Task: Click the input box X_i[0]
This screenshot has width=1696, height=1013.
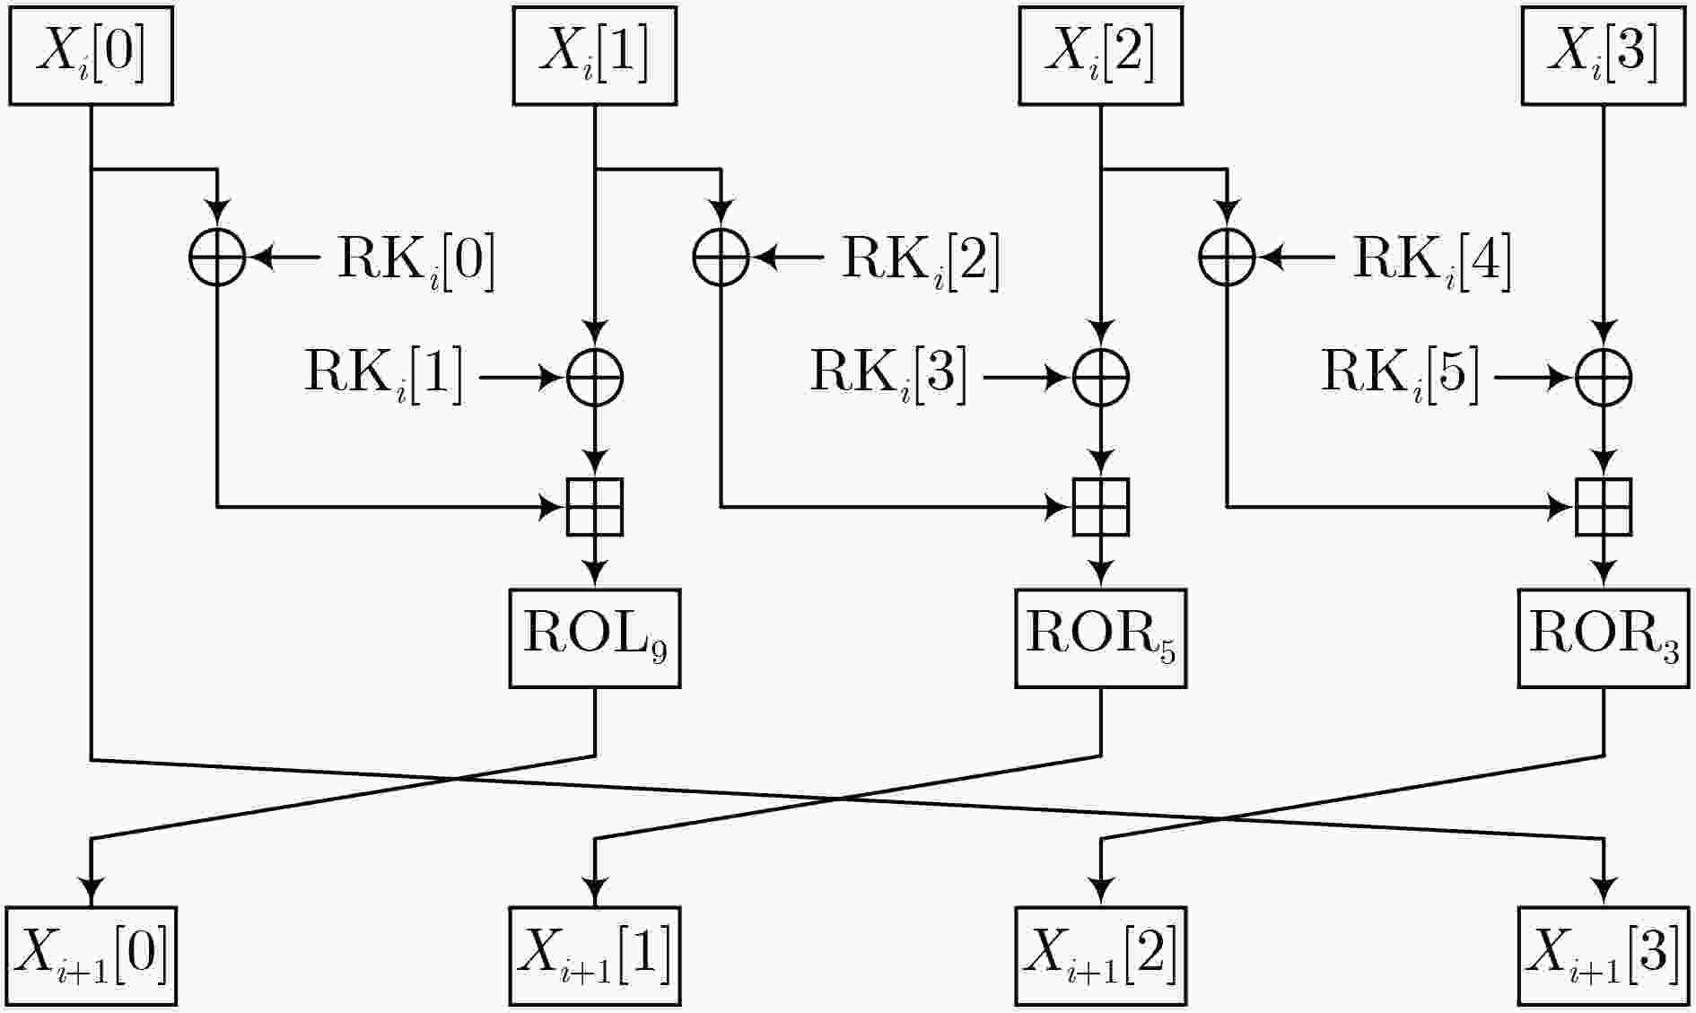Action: click(x=91, y=56)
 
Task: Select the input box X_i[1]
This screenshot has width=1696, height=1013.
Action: click(x=594, y=56)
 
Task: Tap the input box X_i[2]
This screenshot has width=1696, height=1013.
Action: click(x=1100, y=56)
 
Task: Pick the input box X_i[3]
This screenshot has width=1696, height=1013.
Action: click(x=1604, y=56)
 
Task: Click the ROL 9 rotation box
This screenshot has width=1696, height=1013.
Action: click(x=595, y=638)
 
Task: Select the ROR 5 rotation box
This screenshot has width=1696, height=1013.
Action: click(x=1101, y=638)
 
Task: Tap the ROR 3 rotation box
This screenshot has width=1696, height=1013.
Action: click(x=1604, y=638)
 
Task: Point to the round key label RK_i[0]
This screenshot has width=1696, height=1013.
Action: click(x=415, y=260)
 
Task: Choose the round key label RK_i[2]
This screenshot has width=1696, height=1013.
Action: click(x=921, y=260)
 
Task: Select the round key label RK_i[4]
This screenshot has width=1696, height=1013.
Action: click(x=1432, y=260)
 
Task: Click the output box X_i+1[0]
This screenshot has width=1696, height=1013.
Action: click(x=91, y=956)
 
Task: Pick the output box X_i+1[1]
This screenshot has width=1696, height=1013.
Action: click(x=595, y=956)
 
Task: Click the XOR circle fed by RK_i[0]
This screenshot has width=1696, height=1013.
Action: click(x=217, y=258)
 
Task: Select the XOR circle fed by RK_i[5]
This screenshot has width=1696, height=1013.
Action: click(x=1604, y=378)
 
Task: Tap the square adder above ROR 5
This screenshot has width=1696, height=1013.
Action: click(x=1101, y=507)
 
